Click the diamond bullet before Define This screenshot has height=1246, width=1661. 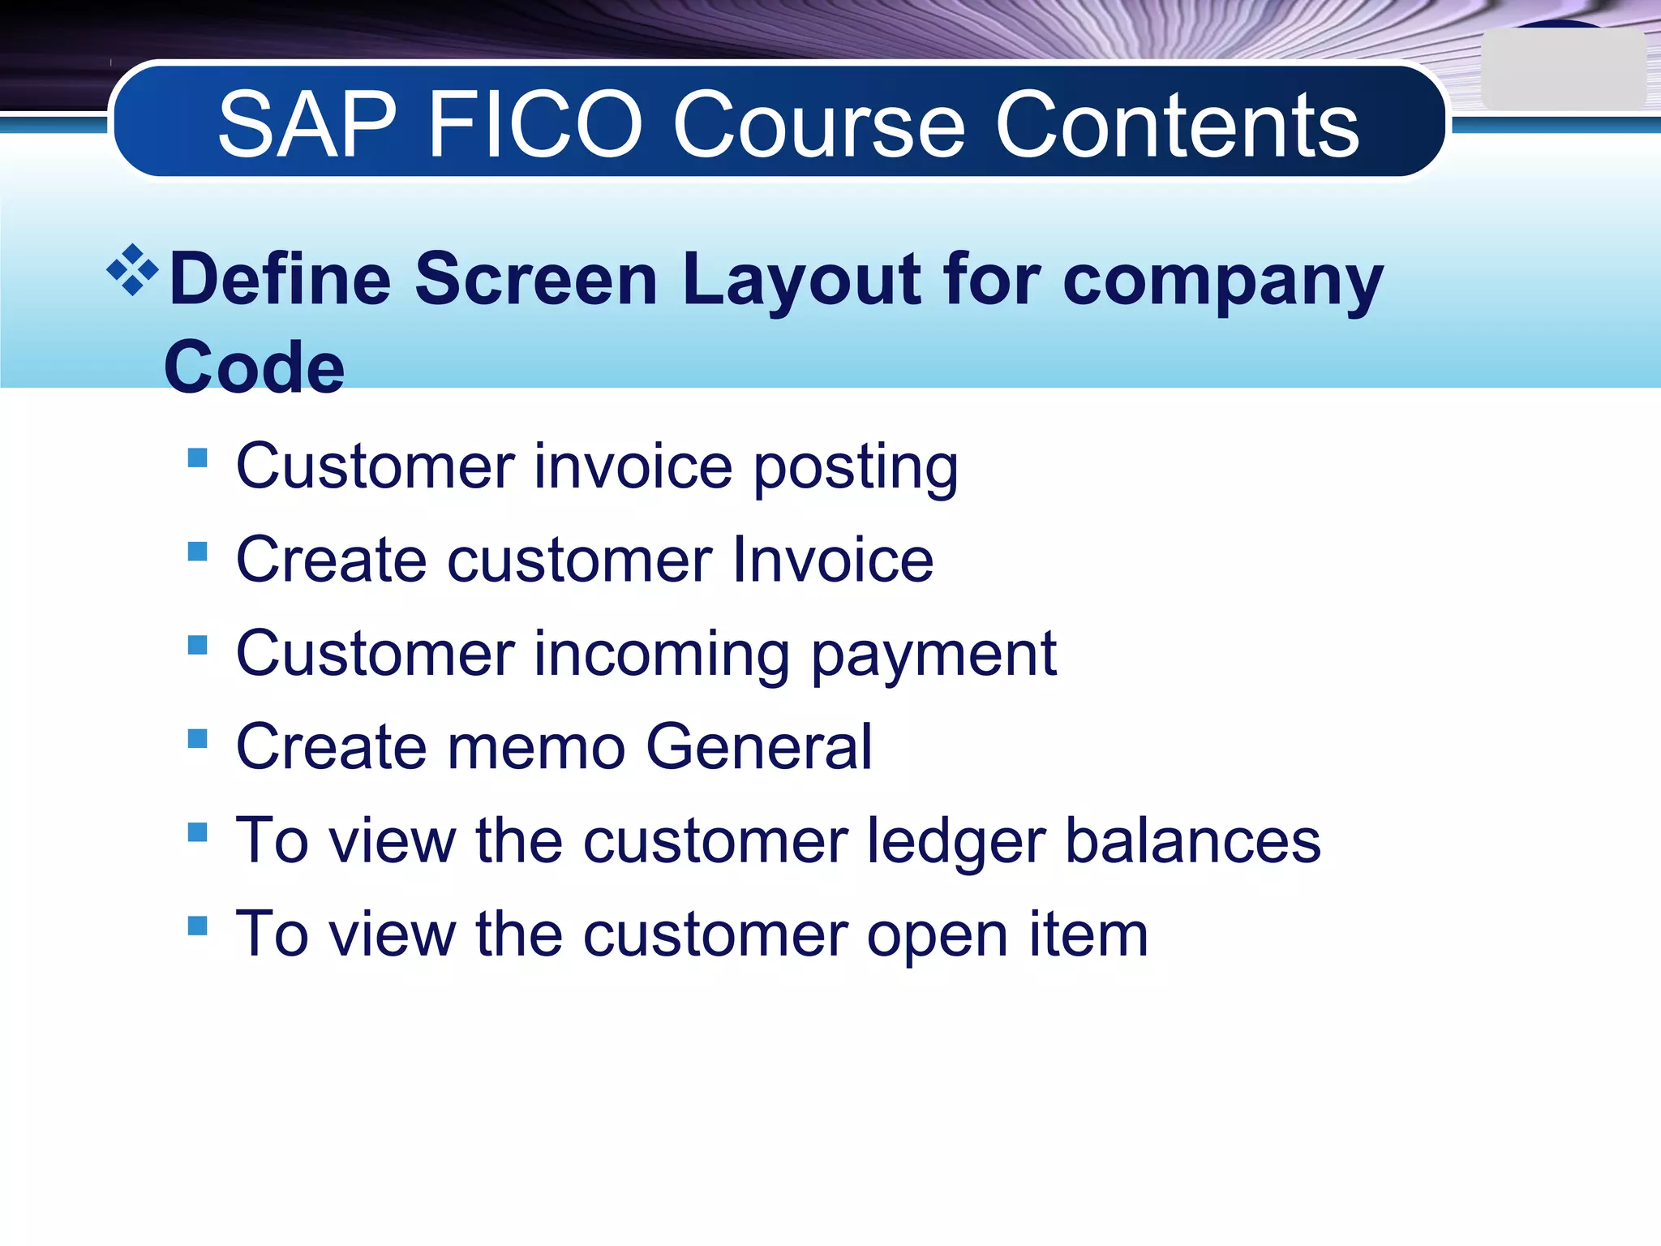pyautogui.click(x=132, y=270)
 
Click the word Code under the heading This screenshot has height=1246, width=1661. pyautogui.click(x=254, y=367)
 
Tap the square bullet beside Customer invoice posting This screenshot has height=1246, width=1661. pyautogui.click(x=197, y=458)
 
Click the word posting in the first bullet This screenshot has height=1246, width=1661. pyautogui.click(x=856, y=469)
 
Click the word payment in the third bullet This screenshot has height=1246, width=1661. pyautogui.click(x=933, y=655)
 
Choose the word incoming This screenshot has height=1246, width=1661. pyautogui.click(x=662, y=655)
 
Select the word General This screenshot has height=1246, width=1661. pyautogui.click(x=759, y=747)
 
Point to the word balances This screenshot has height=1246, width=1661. pyautogui.click(x=1192, y=840)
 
